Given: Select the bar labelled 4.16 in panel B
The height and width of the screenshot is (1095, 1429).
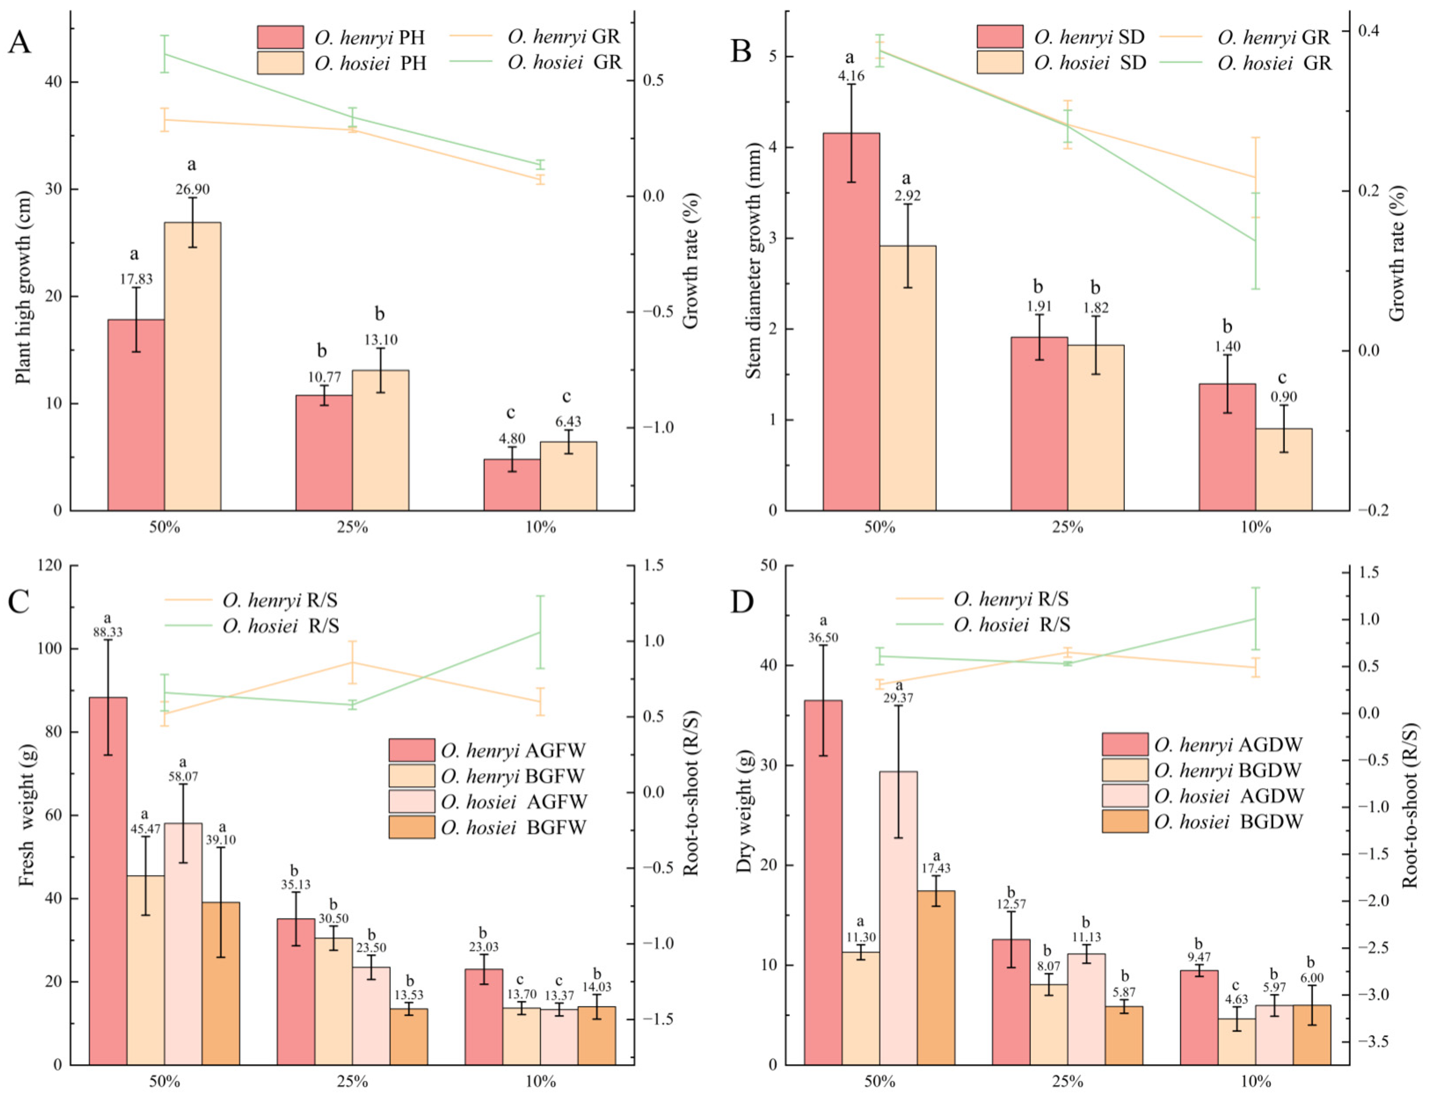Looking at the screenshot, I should (x=851, y=321).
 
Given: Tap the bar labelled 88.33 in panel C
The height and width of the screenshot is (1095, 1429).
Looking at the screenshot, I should (x=108, y=880).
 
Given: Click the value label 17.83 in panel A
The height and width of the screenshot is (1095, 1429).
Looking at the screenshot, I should (x=136, y=280).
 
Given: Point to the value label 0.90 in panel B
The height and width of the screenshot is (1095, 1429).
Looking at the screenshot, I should (x=1284, y=397).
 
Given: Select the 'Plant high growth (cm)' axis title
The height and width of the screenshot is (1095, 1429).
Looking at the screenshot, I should (x=23, y=287).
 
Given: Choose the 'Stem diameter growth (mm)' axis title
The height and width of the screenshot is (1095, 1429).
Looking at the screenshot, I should (x=753, y=259).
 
